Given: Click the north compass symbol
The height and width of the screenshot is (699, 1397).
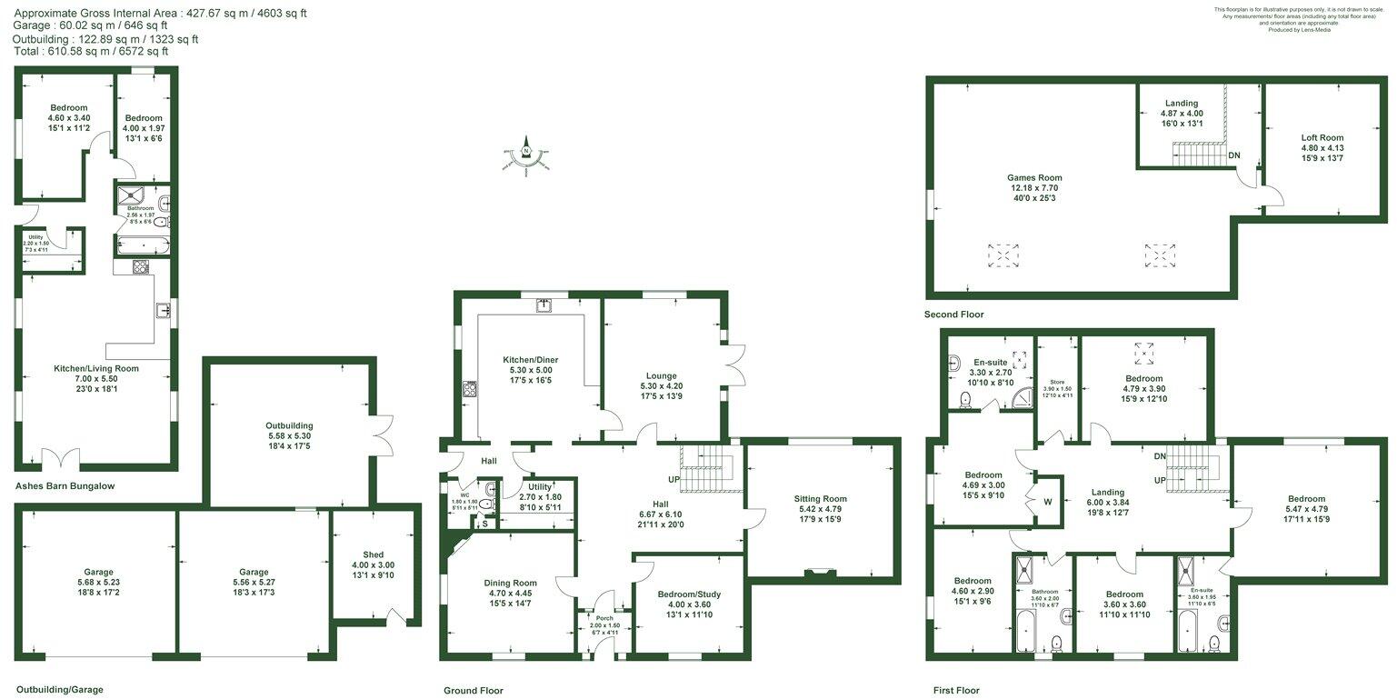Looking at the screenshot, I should pyautogui.click(x=525, y=157).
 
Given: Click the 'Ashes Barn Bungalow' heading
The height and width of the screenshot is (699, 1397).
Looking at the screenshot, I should pyautogui.click(x=65, y=486).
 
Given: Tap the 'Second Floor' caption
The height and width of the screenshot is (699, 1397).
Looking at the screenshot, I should pyautogui.click(x=953, y=315).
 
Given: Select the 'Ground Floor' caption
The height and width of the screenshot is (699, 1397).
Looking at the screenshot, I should pyautogui.click(x=473, y=691).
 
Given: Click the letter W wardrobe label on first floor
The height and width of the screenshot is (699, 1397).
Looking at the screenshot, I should pyautogui.click(x=1048, y=501).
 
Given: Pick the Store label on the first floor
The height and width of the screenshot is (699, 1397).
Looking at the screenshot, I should pyautogui.click(x=1056, y=382).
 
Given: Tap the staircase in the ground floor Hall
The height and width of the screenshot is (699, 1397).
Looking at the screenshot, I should pyautogui.click(x=706, y=469).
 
